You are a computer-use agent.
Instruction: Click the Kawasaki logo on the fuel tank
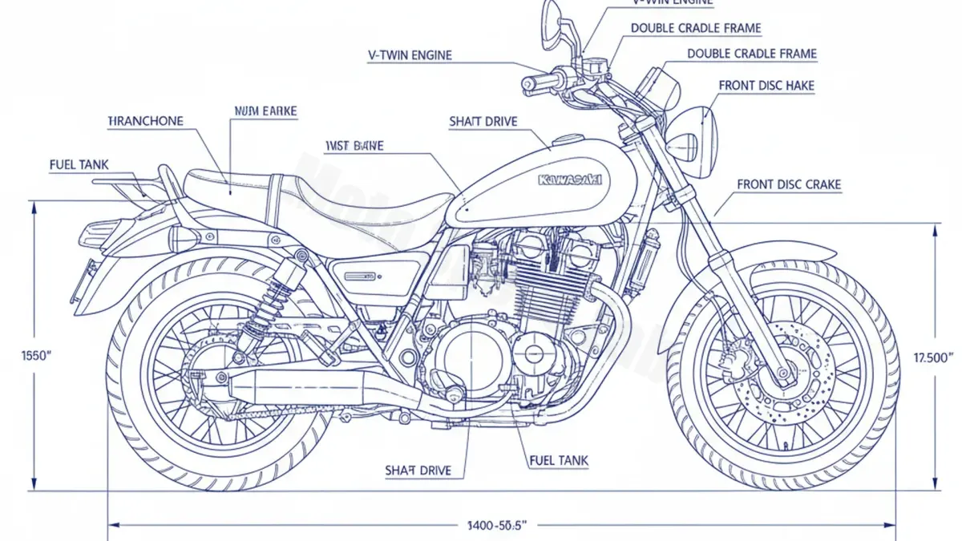(570, 179)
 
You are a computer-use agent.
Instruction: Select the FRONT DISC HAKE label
(766, 85)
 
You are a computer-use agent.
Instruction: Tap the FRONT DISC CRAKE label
(789, 185)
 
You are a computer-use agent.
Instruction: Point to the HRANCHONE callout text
(145, 121)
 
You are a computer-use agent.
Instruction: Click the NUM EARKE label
(265, 112)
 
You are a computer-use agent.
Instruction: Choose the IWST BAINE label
(354, 146)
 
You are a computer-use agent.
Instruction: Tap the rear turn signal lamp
(183, 239)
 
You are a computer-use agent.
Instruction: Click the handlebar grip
(535, 83)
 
